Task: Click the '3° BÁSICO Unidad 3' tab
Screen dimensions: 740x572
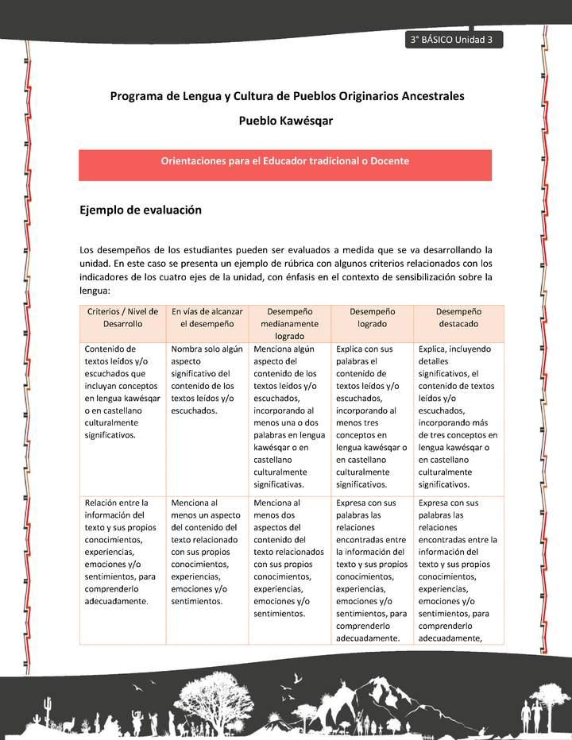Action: pyautogui.click(x=452, y=40)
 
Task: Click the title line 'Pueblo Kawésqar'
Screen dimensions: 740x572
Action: pyautogui.click(x=286, y=121)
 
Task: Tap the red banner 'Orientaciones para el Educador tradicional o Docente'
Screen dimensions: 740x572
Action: pyautogui.click(x=285, y=161)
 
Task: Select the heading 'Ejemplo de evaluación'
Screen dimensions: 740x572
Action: pyautogui.click(x=141, y=210)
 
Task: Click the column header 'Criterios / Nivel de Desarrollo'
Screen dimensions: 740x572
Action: pyautogui.click(x=122, y=318)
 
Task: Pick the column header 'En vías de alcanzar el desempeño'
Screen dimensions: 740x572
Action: pyautogui.click(x=207, y=318)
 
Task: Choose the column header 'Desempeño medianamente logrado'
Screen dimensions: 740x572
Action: pyautogui.click(x=289, y=324)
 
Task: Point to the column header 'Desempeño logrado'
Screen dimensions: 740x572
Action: pyautogui.click(x=372, y=318)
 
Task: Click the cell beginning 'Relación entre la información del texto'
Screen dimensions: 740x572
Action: pyautogui.click(x=122, y=552)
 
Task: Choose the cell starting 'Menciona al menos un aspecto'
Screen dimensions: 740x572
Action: pyautogui.click(x=207, y=552)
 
